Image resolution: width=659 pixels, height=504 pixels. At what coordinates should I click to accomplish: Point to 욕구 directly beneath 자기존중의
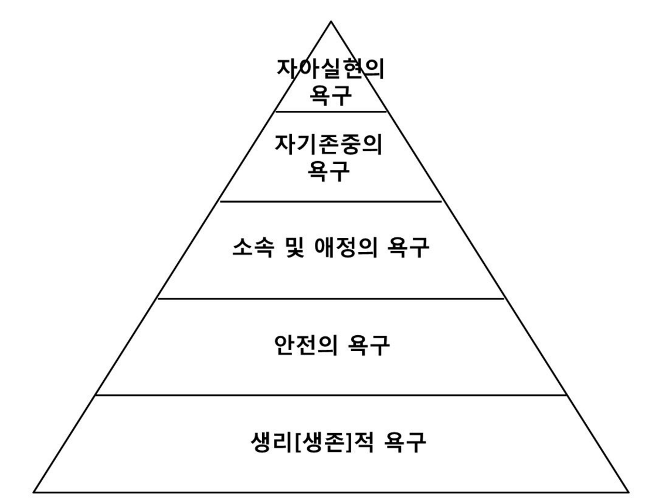(x=331, y=171)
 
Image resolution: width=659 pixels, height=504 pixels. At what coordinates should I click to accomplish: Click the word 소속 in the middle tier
(x=248, y=250)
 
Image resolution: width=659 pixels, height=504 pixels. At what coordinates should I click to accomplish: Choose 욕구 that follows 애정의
(x=409, y=250)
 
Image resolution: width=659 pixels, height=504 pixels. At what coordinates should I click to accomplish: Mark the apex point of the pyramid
(x=331, y=22)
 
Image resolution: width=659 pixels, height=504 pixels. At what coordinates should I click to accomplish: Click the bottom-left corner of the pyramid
(x=33, y=491)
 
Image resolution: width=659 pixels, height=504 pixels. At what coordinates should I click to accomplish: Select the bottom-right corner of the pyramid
(x=629, y=491)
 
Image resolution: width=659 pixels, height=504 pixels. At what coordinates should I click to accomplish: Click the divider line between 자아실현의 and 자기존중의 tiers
(x=331, y=111)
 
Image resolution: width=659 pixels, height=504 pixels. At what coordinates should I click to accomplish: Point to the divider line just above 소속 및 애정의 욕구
(x=331, y=202)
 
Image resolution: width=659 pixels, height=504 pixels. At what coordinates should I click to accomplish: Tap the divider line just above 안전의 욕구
(x=331, y=298)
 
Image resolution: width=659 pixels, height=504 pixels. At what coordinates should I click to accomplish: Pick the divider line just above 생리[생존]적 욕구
(x=331, y=395)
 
